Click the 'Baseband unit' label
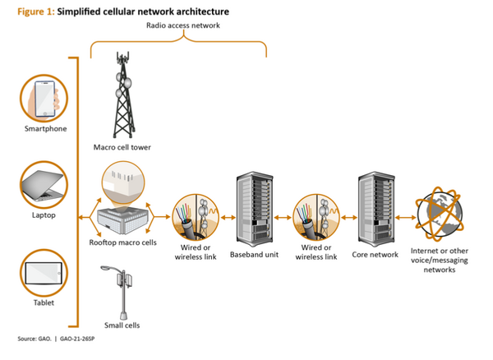click(x=254, y=255)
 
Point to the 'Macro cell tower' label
click(x=121, y=148)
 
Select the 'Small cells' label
click(x=122, y=325)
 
